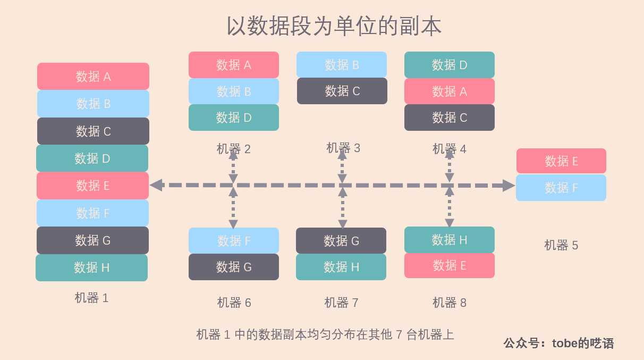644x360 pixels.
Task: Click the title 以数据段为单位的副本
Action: click(334, 26)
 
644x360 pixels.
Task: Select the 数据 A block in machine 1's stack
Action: click(93, 77)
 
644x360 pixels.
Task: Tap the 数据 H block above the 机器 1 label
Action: click(91, 267)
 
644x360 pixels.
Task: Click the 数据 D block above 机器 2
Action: click(234, 118)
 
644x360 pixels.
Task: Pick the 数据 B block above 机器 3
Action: click(342, 65)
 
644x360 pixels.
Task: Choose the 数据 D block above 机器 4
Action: click(450, 65)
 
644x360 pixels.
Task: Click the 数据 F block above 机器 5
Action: click(561, 188)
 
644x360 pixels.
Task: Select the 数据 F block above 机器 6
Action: click(234, 241)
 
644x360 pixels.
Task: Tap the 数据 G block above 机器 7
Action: click(341, 241)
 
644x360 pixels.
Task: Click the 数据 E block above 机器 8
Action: click(450, 265)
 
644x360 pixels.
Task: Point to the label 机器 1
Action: click(91, 298)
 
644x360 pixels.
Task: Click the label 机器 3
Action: click(343, 148)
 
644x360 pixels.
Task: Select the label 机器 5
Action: click(561, 245)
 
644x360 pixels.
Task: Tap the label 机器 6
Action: click(234, 303)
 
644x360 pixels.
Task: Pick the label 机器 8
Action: click(450, 303)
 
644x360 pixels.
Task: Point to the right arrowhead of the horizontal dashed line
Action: click(508, 186)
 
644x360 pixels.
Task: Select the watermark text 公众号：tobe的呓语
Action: click(558, 343)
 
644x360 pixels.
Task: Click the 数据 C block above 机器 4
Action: click(450, 118)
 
